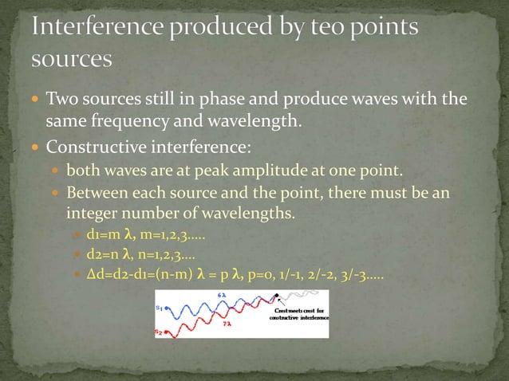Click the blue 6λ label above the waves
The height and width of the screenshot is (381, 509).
[x=221, y=296]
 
